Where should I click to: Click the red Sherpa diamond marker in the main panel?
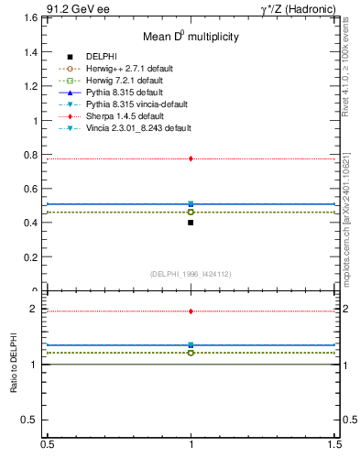click(x=191, y=158)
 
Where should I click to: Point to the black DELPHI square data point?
click(x=191, y=223)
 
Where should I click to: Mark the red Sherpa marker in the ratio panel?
click(x=191, y=311)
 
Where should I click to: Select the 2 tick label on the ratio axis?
click(x=36, y=310)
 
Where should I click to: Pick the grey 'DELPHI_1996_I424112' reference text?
click(x=191, y=273)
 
